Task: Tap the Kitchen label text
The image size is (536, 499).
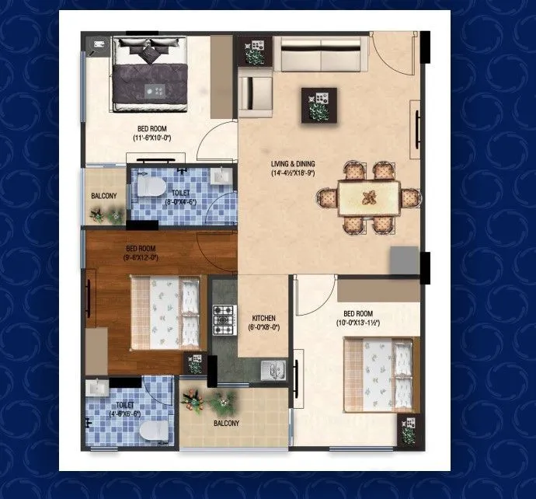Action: coord(264,318)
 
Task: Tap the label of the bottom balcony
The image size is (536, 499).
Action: coord(226,423)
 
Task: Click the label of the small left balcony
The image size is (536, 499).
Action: coord(104,196)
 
